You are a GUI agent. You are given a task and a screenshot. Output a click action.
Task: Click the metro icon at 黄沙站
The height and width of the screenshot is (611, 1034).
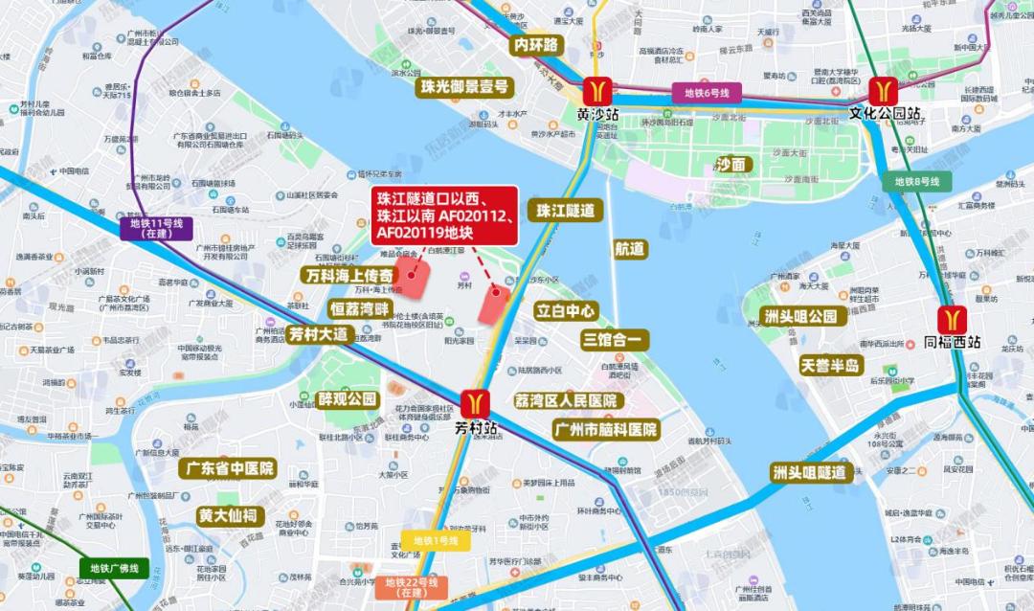click(598, 91)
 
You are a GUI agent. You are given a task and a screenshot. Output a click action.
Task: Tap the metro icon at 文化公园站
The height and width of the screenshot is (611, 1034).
click(883, 91)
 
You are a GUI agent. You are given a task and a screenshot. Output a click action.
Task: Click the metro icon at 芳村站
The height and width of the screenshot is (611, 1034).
click(475, 404)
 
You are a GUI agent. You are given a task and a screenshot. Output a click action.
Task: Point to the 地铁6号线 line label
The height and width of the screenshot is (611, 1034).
click(707, 93)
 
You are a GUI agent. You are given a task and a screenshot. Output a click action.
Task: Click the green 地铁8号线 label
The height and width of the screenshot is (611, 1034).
click(917, 181)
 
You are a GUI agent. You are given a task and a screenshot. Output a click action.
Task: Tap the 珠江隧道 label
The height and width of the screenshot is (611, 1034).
click(565, 210)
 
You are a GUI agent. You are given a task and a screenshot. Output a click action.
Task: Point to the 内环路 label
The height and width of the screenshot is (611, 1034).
click(535, 45)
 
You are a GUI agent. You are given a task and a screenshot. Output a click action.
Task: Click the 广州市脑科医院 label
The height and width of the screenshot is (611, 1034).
click(606, 430)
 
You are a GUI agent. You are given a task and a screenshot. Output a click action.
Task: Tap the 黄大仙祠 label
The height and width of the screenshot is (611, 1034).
click(228, 515)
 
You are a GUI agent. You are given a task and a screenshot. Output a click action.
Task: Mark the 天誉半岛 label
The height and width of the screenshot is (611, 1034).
click(832, 365)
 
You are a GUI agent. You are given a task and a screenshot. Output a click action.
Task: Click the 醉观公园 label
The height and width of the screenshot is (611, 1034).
click(348, 398)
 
